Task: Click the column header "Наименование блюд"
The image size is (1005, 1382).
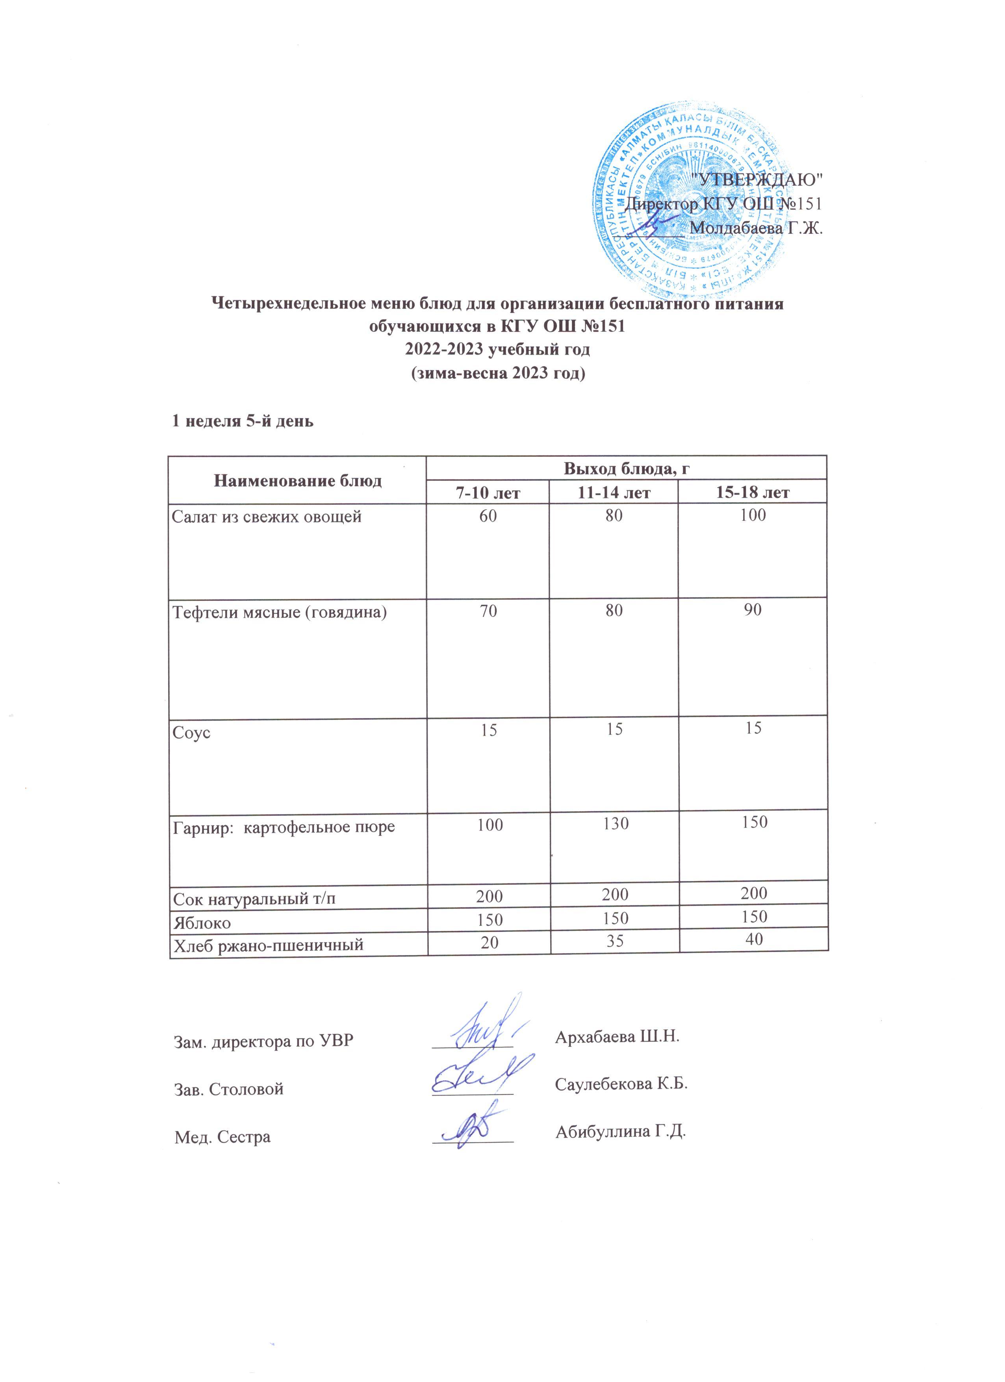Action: (x=297, y=480)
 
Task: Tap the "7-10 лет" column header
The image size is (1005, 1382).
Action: (x=488, y=492)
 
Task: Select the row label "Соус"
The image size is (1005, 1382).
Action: (x=191, y=732)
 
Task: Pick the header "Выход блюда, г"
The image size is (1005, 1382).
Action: (x=627, y=468)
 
